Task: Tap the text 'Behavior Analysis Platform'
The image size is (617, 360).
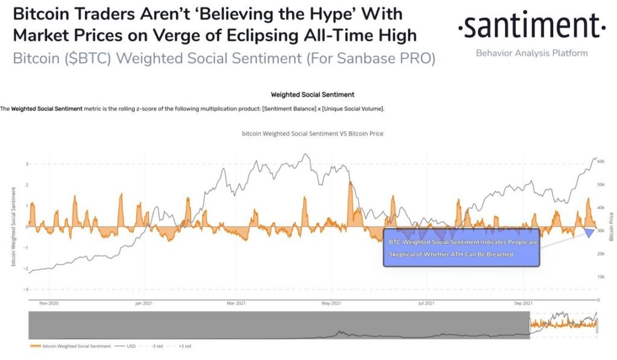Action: (531, 53)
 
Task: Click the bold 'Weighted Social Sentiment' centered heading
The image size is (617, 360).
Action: (313, 95)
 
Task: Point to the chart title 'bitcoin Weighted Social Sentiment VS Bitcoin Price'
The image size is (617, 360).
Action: (312, 133)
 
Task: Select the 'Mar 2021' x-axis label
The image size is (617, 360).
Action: (237, 303)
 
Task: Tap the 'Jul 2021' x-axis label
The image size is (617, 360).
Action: (426, 303)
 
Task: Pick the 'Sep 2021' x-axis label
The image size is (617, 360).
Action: (524, 303)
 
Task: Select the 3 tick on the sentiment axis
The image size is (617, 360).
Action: (26, 164)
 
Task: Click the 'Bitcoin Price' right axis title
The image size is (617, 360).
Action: (611, 227)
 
